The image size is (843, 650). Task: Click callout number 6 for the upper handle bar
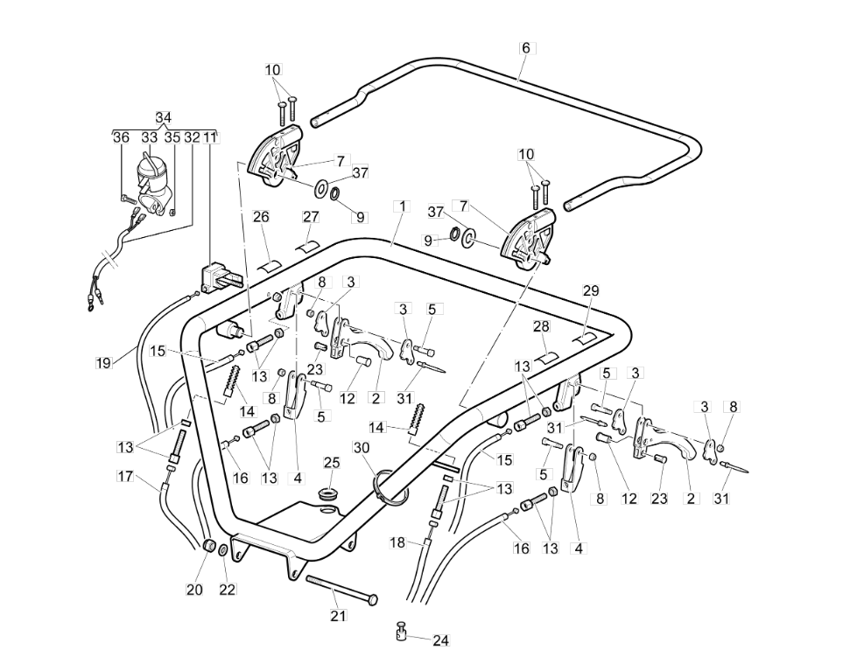pos(526,48)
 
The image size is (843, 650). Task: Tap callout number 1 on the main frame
pos(402,206)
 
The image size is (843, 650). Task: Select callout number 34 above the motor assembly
pos(164,118)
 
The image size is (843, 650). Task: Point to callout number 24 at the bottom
pos(440,640)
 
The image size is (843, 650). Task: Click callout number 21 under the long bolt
pos(338,616)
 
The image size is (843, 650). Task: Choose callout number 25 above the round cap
pos(332,462)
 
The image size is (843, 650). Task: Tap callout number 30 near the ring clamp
pos(362,447)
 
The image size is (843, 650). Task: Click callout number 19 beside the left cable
pos(103,361)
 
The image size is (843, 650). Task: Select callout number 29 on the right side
pos(591,290)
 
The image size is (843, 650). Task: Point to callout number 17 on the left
pos(125,477)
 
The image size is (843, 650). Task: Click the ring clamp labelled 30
pos(391,486)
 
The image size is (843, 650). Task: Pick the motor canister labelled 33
pos(151,174)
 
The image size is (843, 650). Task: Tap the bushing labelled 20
pos(210,546)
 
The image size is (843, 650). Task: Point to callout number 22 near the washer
pos(228,590)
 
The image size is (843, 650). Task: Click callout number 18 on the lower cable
pos(397,542)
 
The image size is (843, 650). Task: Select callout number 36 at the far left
pos(122,137)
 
